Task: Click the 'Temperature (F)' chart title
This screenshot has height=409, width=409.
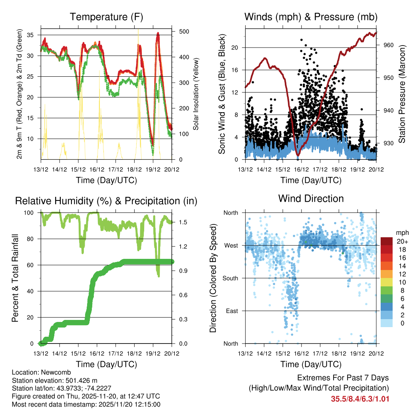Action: (106, 17)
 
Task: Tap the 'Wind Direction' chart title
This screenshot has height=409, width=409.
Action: (311, 198)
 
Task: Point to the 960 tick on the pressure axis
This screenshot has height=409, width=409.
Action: (389, 45)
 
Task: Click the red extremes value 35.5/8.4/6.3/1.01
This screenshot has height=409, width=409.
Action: (360, 399)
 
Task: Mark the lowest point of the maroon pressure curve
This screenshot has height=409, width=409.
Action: (298, 155)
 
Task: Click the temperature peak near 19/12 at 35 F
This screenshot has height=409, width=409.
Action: (158, 34)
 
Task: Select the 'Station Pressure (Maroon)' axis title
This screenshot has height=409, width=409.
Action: (402, 94)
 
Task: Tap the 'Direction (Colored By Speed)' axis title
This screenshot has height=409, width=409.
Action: (213, 278)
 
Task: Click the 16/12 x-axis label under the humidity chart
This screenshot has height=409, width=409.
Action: (97, 353)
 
